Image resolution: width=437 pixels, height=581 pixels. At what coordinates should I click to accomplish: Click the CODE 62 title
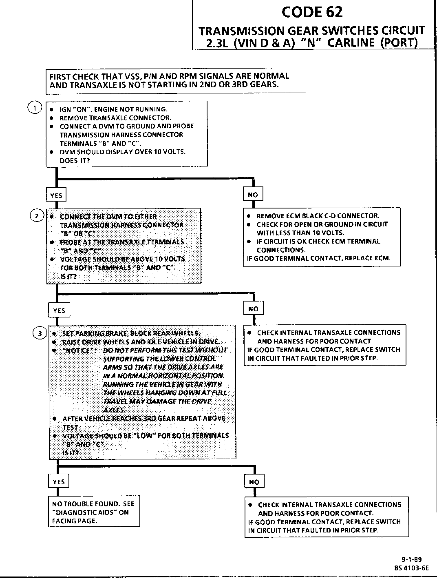click(x=312, y=12)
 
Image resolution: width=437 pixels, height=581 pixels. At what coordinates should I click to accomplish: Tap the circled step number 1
click(x=34, y=107)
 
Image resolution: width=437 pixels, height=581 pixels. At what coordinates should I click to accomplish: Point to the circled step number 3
click(x=39, y=333)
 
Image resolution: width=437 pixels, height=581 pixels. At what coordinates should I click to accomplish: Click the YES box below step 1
click(x=56, y=195)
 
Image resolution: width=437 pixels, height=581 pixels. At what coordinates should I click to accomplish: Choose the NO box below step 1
click(x=253, y=195)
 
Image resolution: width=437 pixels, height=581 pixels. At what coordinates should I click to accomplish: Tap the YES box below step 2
click(x=59, y=310)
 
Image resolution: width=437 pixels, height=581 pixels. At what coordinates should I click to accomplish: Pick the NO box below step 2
click(x=253, y=309)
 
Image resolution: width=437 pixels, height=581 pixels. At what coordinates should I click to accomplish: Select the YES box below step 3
click(x=59, y=482)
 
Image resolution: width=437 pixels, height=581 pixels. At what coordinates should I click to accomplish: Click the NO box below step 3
click(x=254, y=482)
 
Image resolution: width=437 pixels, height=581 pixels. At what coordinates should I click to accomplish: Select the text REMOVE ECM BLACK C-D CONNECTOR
click(x=318, y=216)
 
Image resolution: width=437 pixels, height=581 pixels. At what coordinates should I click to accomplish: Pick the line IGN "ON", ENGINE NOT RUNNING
click(x=113, y=109)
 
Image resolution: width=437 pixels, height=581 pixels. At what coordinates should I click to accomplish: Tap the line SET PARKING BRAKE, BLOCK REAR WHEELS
click(x=131, y=333)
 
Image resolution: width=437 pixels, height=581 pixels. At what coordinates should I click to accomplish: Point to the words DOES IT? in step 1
click(x=75, y=160)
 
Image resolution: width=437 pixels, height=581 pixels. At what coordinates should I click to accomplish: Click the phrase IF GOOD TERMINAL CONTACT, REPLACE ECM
click(x=319, y=258)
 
